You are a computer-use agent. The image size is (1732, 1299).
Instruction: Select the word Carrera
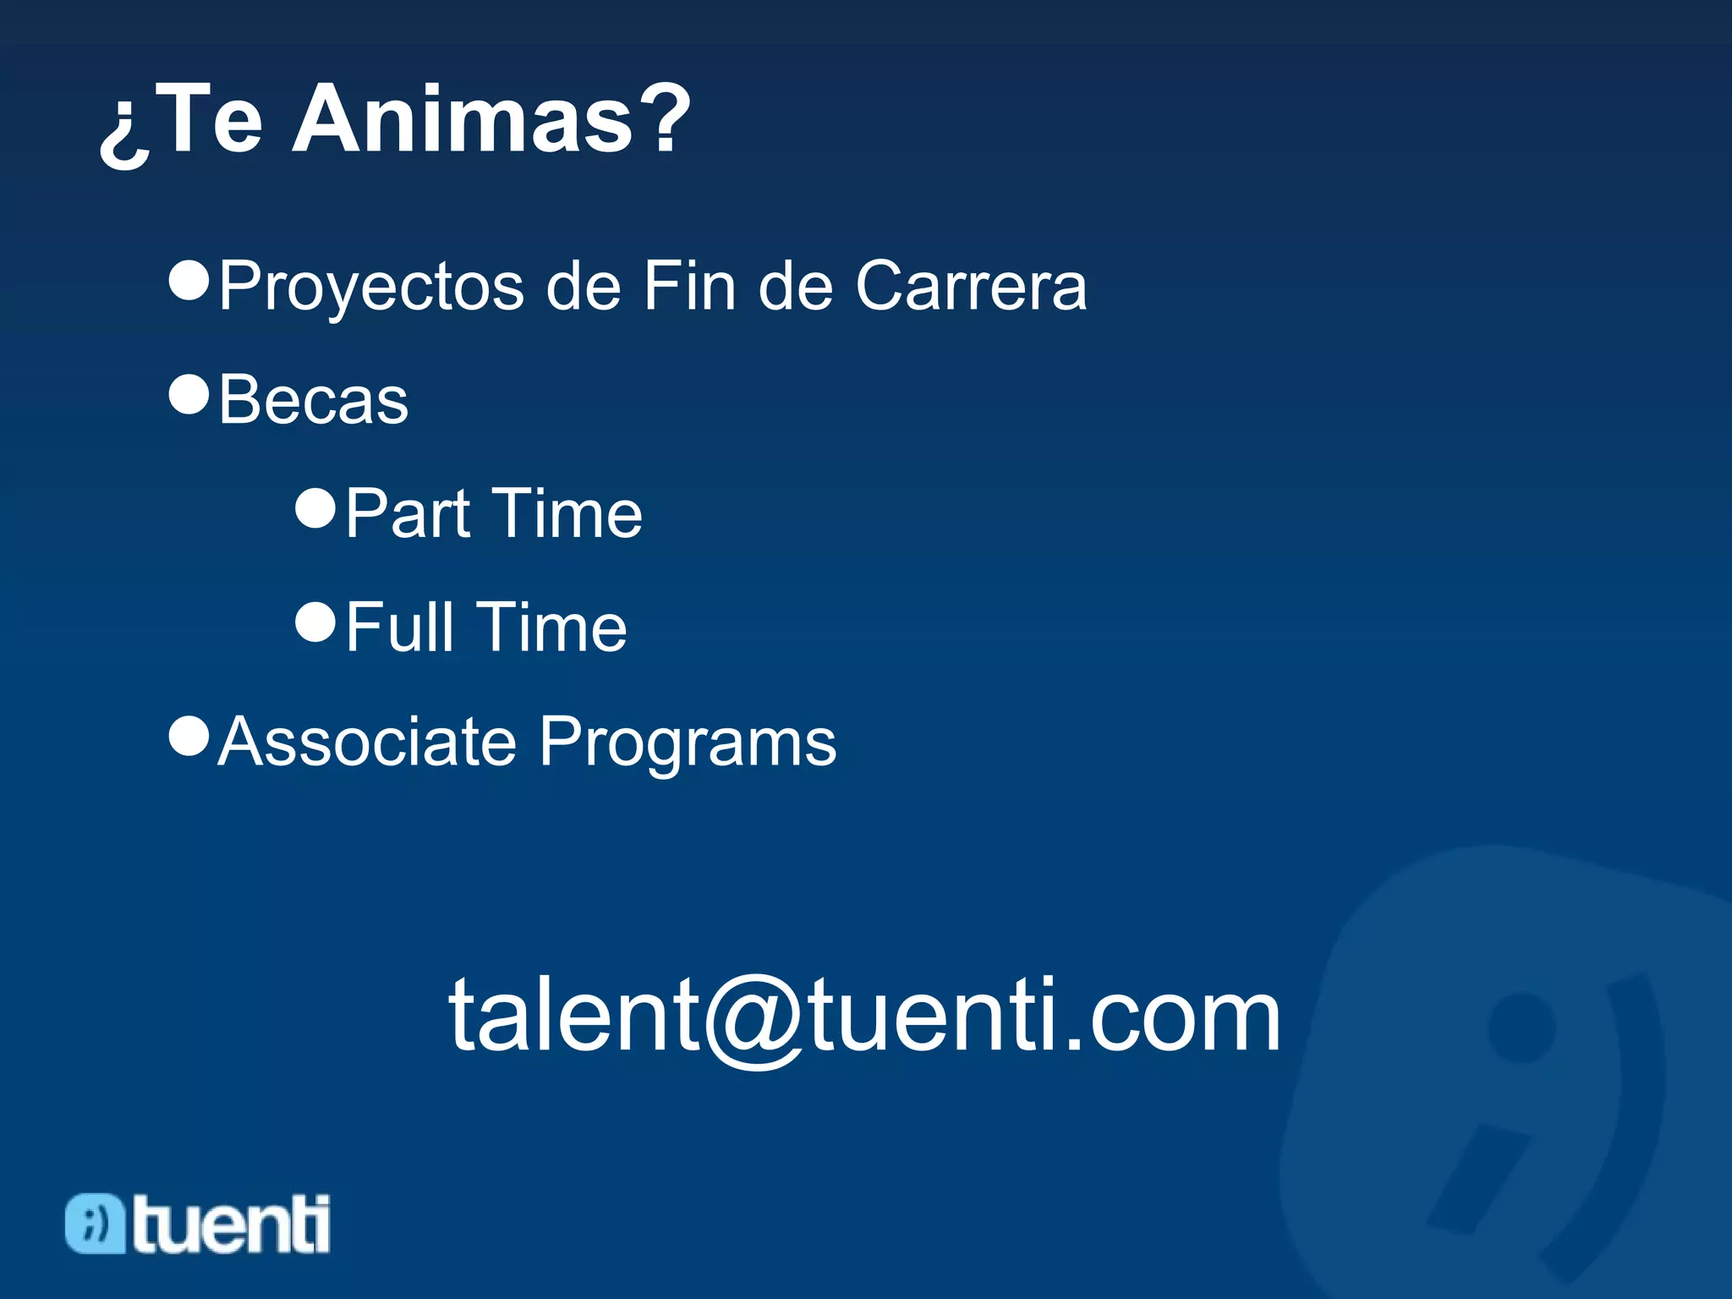tap(971, 287)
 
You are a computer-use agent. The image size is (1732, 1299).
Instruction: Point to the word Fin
tap(688, 287)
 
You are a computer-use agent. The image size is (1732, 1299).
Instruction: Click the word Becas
tap(314, 400)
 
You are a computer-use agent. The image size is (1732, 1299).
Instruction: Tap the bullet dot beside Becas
tap(189, 394)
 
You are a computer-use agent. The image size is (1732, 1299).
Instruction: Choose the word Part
tap(408, 514)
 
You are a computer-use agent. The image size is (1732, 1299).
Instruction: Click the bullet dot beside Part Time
tap(315, 508)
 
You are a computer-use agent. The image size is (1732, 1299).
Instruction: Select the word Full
tap(399, 628)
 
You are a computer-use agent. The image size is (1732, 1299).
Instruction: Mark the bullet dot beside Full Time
tap(315, 622)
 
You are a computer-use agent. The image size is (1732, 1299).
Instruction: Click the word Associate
tap(367, 742)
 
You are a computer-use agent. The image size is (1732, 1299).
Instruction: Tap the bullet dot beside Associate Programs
tap(189, 736)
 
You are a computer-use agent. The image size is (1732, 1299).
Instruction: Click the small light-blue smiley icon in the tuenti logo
tap(95, 1223)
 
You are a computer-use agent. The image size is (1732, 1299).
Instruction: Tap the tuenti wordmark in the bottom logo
tap(231, 1224)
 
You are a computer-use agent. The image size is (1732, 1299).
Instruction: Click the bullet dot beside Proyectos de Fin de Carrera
tap(189, 280)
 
